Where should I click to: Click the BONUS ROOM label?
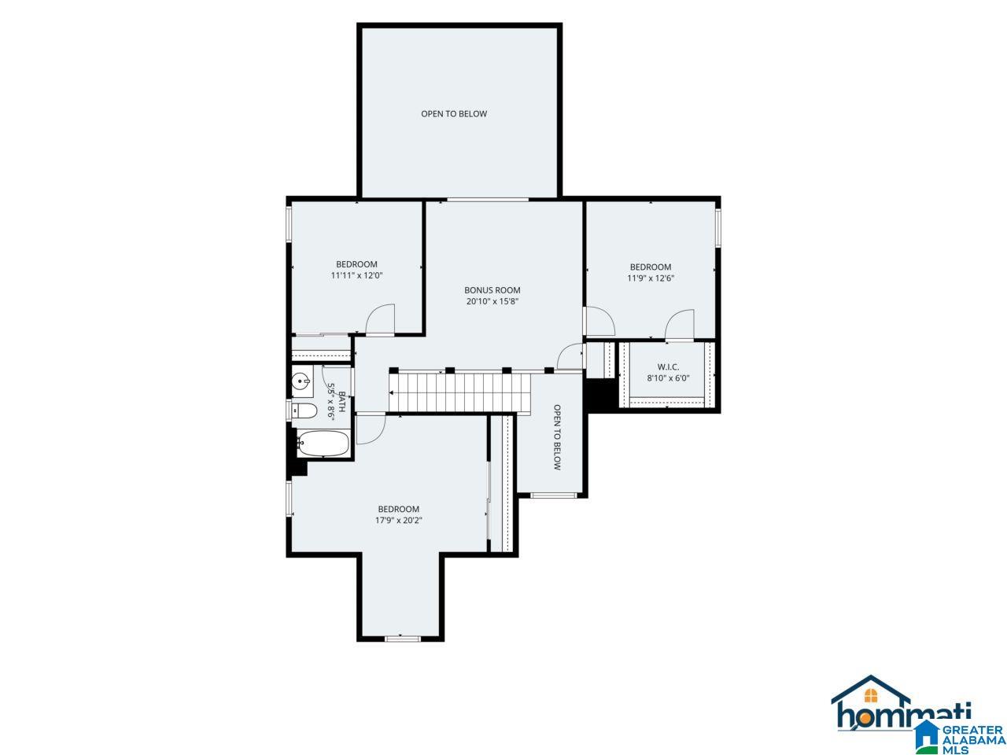[x=492, y=290]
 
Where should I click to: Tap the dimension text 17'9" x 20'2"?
[x=398, y=521]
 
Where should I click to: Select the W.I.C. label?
[x=668, y=366]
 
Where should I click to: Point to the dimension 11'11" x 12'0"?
[x=356, y=275]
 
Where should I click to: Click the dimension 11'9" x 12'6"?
[x=651, y=278]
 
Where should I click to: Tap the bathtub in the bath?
[x=323, y=444]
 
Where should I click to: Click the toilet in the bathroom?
[x=304, y=411]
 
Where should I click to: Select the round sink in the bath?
[x=301, y=381]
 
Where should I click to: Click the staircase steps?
[x=459, y=392]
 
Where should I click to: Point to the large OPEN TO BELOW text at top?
[x=454, y=114]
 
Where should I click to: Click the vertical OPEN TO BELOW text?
[x=557, y=437]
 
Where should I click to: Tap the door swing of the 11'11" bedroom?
[x=380, y=319]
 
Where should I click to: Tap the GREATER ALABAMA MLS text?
[x=970, y=740]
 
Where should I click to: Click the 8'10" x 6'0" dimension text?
[x=668, y=378]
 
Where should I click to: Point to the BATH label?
[x=341, y=402]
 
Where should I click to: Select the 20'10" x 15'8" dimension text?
[x=492, y=302]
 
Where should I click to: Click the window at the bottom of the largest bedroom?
[x=402, y=638]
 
